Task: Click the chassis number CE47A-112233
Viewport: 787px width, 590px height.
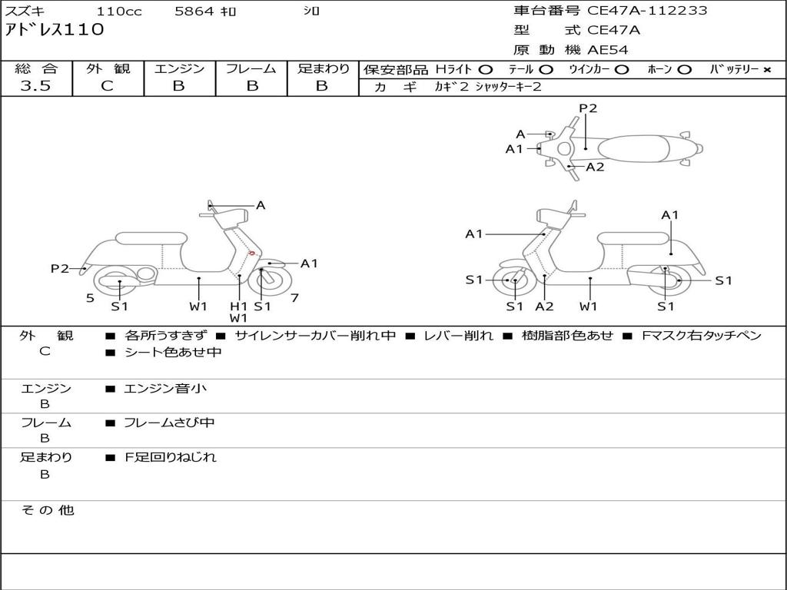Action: click(x=646, y=11)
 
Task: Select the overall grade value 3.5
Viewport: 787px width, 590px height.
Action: click(x=35, y=86)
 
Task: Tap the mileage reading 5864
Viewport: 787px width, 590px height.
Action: click(x=194, y=11)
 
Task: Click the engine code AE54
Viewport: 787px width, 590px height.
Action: click(x=607, y=50)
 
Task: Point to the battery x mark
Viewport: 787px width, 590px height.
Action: click(x=767, y=70)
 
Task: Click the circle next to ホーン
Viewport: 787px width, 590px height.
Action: click(x=684, y=70)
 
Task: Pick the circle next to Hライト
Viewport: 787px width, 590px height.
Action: click(x=486, y=70)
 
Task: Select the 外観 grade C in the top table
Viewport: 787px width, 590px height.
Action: click(x=108, y=86)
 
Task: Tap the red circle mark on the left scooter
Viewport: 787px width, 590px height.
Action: click(x=252, y=254)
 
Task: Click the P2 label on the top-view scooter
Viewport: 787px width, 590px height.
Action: click(x=588, y=108)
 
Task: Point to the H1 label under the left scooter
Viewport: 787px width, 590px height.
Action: click(x=238, y=306)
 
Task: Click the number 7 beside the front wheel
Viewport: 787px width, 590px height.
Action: click(x=294, y=298)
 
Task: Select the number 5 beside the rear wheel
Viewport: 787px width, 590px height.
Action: click(x=90, y=298)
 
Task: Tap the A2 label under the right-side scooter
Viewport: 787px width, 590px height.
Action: click(x=544, y=306)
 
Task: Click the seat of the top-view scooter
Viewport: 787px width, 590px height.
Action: click(x=633, y=149)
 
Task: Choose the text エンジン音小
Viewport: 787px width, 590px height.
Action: click(x=165, y=388)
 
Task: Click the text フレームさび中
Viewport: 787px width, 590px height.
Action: click(x=169, y=423)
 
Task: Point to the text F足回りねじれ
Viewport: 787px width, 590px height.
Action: click(x=170, y=457)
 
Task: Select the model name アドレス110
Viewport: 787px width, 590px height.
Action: click(x=55, y=30)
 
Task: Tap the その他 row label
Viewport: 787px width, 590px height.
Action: click(x=48, y=510)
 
